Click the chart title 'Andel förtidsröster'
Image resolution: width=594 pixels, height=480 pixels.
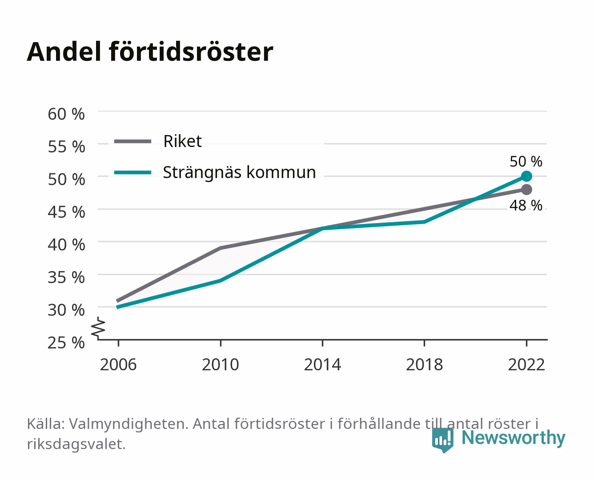click(150, 52)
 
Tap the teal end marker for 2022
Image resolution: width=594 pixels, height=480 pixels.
click(526, 176)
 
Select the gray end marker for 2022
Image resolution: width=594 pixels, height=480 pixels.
click(526, 189)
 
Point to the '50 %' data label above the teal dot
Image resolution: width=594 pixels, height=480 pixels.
click(526, 161)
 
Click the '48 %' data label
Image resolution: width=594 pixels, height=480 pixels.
click(526, 205)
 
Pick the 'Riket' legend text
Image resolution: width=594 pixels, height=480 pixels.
click(182, 141)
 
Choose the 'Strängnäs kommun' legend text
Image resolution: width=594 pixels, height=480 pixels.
click(239, 172)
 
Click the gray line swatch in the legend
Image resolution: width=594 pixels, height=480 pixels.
click(133, 141)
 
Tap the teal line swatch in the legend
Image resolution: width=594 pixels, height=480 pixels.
click(133, 172)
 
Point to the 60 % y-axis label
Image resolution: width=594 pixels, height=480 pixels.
click(66, 114)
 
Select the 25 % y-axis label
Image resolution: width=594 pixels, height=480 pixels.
click(66, 343)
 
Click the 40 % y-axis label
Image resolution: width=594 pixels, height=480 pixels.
click(66, 245)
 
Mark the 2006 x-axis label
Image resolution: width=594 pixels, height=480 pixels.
click(118, 364)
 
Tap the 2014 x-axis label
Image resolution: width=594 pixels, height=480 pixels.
click(322, 364)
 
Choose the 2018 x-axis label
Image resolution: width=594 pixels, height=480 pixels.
click(424, 364)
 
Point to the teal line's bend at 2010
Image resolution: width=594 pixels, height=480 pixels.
click(221, 281)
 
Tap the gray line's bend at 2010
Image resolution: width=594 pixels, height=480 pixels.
click(221, 248)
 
